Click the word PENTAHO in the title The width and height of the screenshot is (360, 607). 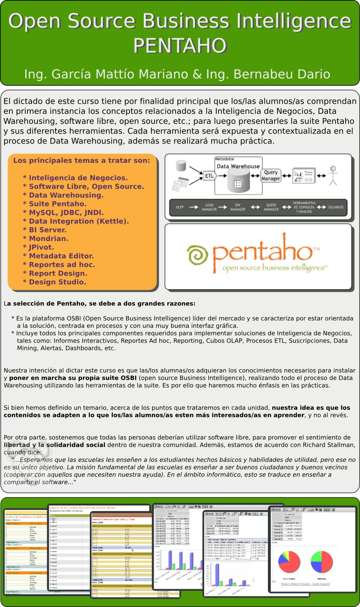180,46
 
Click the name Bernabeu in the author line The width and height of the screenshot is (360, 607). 257,74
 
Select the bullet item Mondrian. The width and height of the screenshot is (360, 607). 49,238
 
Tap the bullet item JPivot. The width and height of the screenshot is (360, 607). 41,247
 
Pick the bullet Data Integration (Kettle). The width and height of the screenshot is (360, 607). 79,221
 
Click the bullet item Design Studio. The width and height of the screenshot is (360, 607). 57,282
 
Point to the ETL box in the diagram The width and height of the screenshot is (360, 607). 209,176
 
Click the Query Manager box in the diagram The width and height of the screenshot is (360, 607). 271,175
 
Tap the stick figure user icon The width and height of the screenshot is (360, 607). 333,175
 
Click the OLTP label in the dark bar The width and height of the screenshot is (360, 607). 180,207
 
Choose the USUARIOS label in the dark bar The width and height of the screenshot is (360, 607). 335,207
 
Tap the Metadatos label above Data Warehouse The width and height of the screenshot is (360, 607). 225,159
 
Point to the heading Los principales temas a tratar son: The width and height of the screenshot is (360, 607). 81,161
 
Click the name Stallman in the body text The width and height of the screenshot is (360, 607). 341,445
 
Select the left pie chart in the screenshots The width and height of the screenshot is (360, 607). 289,562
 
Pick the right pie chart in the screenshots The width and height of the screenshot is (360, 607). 321,562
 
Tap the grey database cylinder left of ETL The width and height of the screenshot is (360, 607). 181,166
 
